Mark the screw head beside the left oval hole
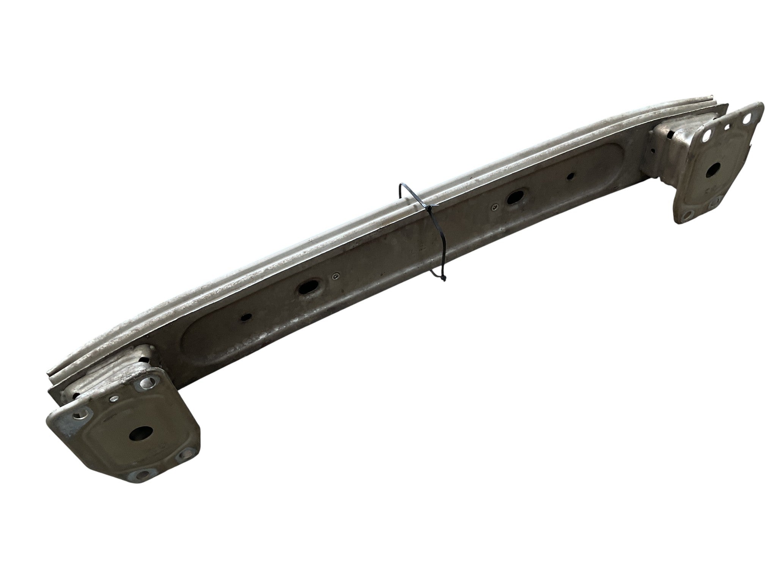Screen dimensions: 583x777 334,277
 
